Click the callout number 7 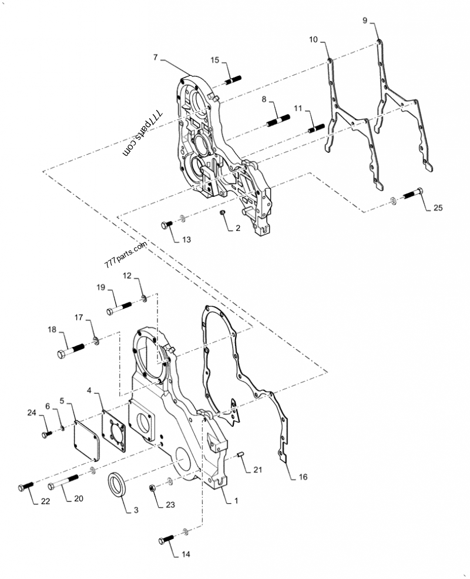tap(155, 57)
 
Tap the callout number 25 tap(438, 208)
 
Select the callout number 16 tap(303, 477)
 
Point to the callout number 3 tap(136, 510)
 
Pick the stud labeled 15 tap(233, 80)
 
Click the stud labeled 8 tap(278, 121)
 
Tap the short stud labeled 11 tap(316, 129)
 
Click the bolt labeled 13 tap(167, 225)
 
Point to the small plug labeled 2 tap(223, 212)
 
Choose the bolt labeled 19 tap(119, 309)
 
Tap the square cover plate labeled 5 tap(87, 440)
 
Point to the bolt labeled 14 tap(166, 540)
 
